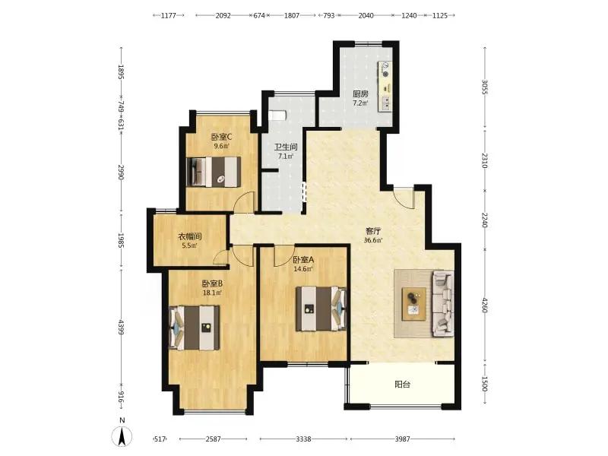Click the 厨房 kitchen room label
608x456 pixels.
(360, 93)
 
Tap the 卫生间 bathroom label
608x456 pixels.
(286, 147)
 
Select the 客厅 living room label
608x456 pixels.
(373, 231)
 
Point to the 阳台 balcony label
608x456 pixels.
(402, 385)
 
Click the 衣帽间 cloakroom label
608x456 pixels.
(189, 236)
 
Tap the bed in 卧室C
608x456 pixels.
(214, 173)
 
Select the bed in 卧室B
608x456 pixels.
(195, 328)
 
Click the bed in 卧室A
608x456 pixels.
(321, 309)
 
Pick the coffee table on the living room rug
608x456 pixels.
(413, 304)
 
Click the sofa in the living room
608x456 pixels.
(443, 302)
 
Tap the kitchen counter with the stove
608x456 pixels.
(385, 87)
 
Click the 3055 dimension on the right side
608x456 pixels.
(485, 87)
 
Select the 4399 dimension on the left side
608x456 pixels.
(121, 327)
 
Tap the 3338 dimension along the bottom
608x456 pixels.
(303, 439)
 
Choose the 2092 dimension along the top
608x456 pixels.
(223, 15)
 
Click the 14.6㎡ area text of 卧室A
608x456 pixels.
(303, 269)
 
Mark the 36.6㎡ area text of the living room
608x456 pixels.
(373, 240)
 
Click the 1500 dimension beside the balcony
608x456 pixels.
(485, 384)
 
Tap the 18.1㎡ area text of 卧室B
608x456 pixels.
(212, 293)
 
